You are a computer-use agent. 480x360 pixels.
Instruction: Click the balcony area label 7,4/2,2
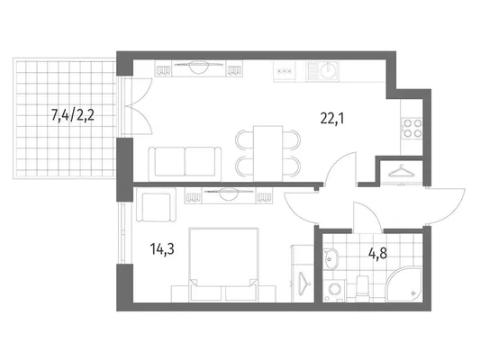tap(73, 116)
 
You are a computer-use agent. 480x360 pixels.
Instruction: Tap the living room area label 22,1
tap(332, 118)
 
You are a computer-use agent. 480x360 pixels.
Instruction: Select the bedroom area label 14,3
tap(162, 249)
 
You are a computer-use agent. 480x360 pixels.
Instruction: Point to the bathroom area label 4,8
tap(377, 253)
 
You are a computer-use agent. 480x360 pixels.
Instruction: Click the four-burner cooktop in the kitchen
tap(412, 128)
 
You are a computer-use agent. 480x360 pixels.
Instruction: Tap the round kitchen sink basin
tap(328, 71)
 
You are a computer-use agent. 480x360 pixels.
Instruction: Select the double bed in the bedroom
tap(223, 265)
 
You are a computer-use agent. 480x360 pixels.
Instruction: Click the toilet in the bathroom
tap(363, 288)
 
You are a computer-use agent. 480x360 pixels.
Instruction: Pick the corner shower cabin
tap(403, 284)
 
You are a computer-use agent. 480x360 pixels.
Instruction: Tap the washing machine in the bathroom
tap(334, 291)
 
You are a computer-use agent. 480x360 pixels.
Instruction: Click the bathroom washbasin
tap(331, 259)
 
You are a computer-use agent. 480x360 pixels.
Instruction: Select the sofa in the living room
tap(185, 164)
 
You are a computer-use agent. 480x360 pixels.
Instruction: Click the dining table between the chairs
tap(267, 154)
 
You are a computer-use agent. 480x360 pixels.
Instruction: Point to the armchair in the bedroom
tap(156, 205)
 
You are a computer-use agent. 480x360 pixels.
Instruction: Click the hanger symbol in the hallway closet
tap(401, 172)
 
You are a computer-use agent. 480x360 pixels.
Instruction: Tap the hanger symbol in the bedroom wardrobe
tap(303, 283)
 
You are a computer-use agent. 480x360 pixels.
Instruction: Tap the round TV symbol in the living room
tap(199, 67)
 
